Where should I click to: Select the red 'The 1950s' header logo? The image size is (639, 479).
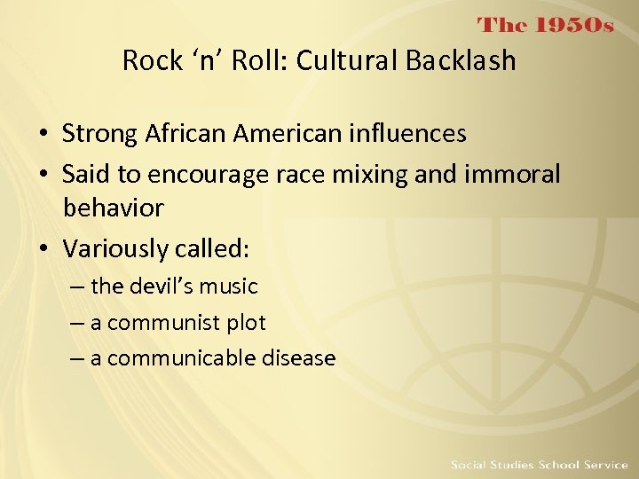tap(546, 25)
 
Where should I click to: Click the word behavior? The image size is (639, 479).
tap(114, 208)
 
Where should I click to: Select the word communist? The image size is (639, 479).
tap(162, 323)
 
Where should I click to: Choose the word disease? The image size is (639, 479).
tap(298, 358)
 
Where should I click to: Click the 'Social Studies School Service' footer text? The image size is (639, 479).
tap(538, 464)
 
